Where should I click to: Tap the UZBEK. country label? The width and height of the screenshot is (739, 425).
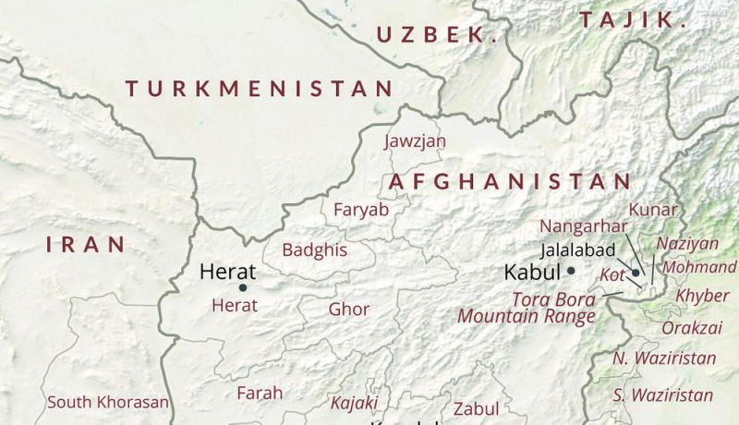pos(437,36)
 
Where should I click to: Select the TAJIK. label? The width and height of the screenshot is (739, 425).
pos(634,19)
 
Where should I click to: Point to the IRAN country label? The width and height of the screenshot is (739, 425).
pos(85,244)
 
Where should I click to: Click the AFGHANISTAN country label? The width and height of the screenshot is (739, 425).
pos(509,181)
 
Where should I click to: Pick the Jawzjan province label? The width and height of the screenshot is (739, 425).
pos(415,141)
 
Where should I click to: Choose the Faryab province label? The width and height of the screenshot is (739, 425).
pos(361,210)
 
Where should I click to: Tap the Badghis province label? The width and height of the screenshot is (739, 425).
pos(314,250)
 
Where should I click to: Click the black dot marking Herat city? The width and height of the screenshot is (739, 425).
pos(243,287)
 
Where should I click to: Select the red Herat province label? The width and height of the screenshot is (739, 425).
pos(235,305)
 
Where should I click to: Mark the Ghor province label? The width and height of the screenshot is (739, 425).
pos(349,310)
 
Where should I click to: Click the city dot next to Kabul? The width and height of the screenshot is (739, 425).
pos(572,271)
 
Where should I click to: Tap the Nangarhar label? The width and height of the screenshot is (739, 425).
pos(583,226)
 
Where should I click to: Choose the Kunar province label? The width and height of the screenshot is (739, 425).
pos(653,210)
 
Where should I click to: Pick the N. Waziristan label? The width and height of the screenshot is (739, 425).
pos(651,358)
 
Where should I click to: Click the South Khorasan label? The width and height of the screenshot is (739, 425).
pos(108,402)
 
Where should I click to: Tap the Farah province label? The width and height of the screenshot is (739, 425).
pos(260,393)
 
